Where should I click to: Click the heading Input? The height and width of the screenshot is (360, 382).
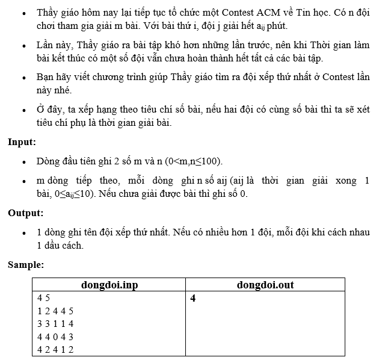(22, 142)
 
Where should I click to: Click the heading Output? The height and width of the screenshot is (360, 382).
(25, 213)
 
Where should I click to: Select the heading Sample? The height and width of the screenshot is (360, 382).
(26, 264)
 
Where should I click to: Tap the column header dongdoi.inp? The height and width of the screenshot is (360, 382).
(110, 285)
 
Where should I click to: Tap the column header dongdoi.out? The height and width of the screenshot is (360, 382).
(265, 285)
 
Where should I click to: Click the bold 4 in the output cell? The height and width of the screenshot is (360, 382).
(193, 297)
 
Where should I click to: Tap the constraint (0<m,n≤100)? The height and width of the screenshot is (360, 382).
(187, 161)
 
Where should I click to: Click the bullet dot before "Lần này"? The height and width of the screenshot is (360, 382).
(23, 46)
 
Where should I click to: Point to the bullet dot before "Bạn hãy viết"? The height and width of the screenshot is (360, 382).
(23, 78)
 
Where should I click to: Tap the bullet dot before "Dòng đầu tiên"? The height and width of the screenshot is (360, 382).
(23, 162)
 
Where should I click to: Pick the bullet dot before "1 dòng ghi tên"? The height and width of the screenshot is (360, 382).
(23, 232)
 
